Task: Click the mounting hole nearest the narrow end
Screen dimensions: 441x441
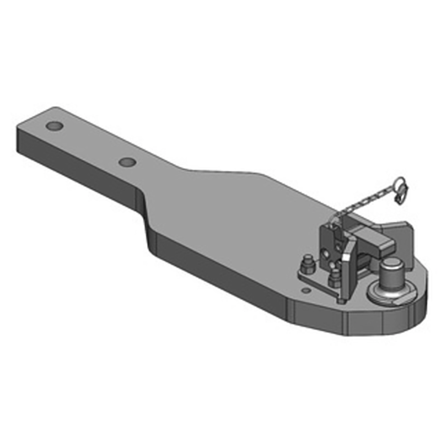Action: [x=54, y=126]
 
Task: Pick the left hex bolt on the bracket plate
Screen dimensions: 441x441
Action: [x=307, y=264]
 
